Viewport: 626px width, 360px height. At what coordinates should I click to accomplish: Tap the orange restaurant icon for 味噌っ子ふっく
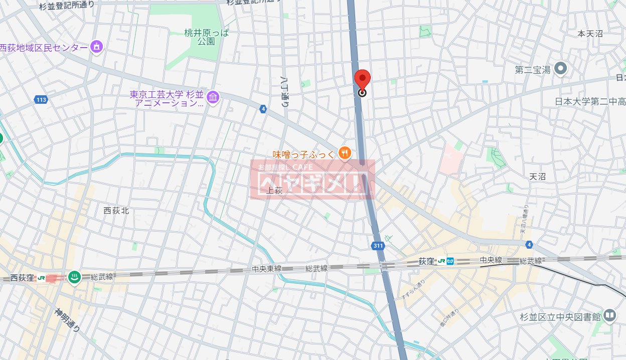[x=344, y=153]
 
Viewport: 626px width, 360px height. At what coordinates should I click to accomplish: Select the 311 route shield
[x=379, y=246]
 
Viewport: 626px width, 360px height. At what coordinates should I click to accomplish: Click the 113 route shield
[x=41, y=100]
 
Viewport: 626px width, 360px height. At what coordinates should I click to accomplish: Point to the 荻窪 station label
[x=425, y=261]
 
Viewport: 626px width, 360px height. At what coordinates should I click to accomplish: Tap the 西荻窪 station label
[x=22, y=277]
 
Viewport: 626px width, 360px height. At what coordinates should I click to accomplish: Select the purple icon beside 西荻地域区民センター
[x=96, y=48]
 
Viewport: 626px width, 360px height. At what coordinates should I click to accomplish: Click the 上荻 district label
[x=275, y=191]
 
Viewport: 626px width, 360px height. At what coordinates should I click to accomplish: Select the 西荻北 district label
[x=116, y=211]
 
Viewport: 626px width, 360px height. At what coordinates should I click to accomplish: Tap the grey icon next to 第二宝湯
[x=561, y=69]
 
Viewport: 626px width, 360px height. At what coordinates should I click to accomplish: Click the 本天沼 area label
[x=590, y=34]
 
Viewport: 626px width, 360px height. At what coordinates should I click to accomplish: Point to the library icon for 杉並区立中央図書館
[x=609, y=315]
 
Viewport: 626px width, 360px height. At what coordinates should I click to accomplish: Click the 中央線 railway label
[x=491, y=260]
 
